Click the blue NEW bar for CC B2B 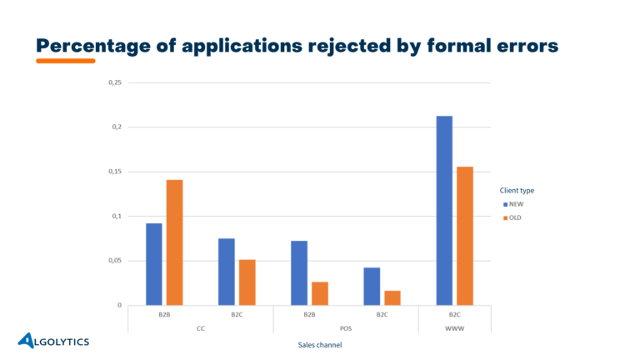[x=154, y=264]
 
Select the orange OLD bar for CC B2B [x=174, y=242]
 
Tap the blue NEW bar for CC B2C [x=227, y=272]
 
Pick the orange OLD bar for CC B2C [x=247, y=282]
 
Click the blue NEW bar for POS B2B [x=299, y=273]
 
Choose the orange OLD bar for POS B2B [x=320, y=293]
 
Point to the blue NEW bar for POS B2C [x=372, y=287]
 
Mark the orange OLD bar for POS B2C [x=392, y=297]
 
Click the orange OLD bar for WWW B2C [x=465, y=236]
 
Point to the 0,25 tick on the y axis [x=115, y=82]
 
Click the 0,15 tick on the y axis [x=115, y=172]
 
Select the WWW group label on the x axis [x=454, y=327]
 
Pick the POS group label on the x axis [x=346, y=327]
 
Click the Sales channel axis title [x=320, y=345]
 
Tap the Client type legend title [x=517, y=190]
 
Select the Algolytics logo [x=54, y=340]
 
